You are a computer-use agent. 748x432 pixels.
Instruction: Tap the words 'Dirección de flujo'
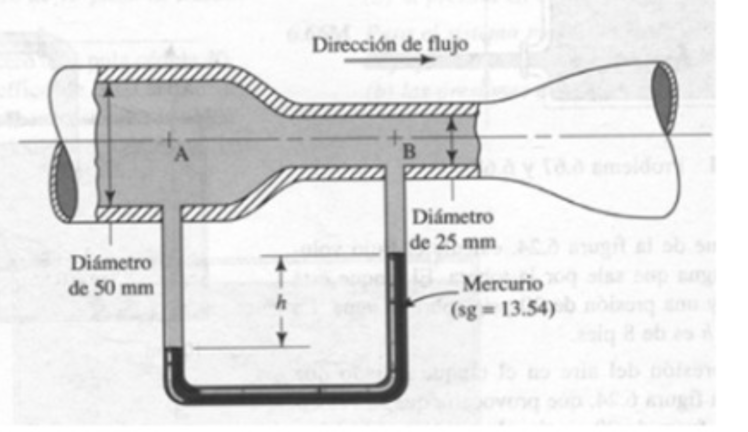(390, 44)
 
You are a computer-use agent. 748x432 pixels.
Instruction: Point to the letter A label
(181, 154)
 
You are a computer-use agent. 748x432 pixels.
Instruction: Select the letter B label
(409, 152)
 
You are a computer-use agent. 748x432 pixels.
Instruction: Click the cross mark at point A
(168, 140)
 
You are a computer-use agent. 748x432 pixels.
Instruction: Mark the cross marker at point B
(395, 138)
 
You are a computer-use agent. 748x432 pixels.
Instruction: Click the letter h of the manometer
(281, 302)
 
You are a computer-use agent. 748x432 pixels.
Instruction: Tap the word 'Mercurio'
(502, 284)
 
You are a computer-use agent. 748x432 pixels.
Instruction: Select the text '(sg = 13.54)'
(503, 309)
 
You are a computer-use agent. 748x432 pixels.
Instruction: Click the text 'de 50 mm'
(111, 288)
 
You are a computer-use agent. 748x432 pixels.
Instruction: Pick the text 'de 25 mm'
(453, 241)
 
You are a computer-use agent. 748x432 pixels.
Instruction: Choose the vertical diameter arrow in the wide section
(110, 143)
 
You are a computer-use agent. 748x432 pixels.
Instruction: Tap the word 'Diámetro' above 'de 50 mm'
(111, 263)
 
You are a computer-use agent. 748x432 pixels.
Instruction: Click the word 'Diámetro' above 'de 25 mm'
(453, 217)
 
